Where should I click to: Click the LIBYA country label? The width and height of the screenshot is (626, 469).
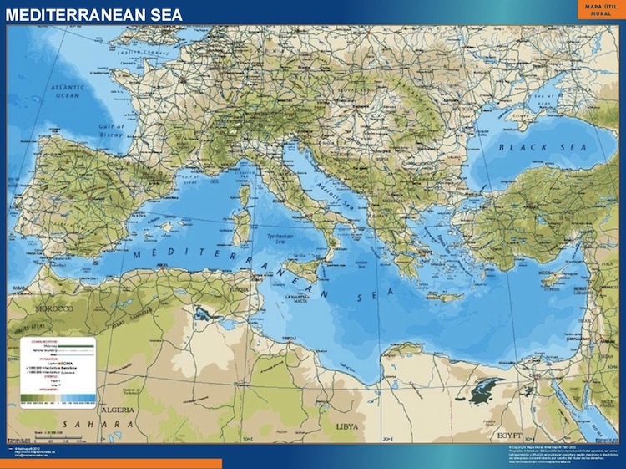pyautogui.click(x=347, y=426)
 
